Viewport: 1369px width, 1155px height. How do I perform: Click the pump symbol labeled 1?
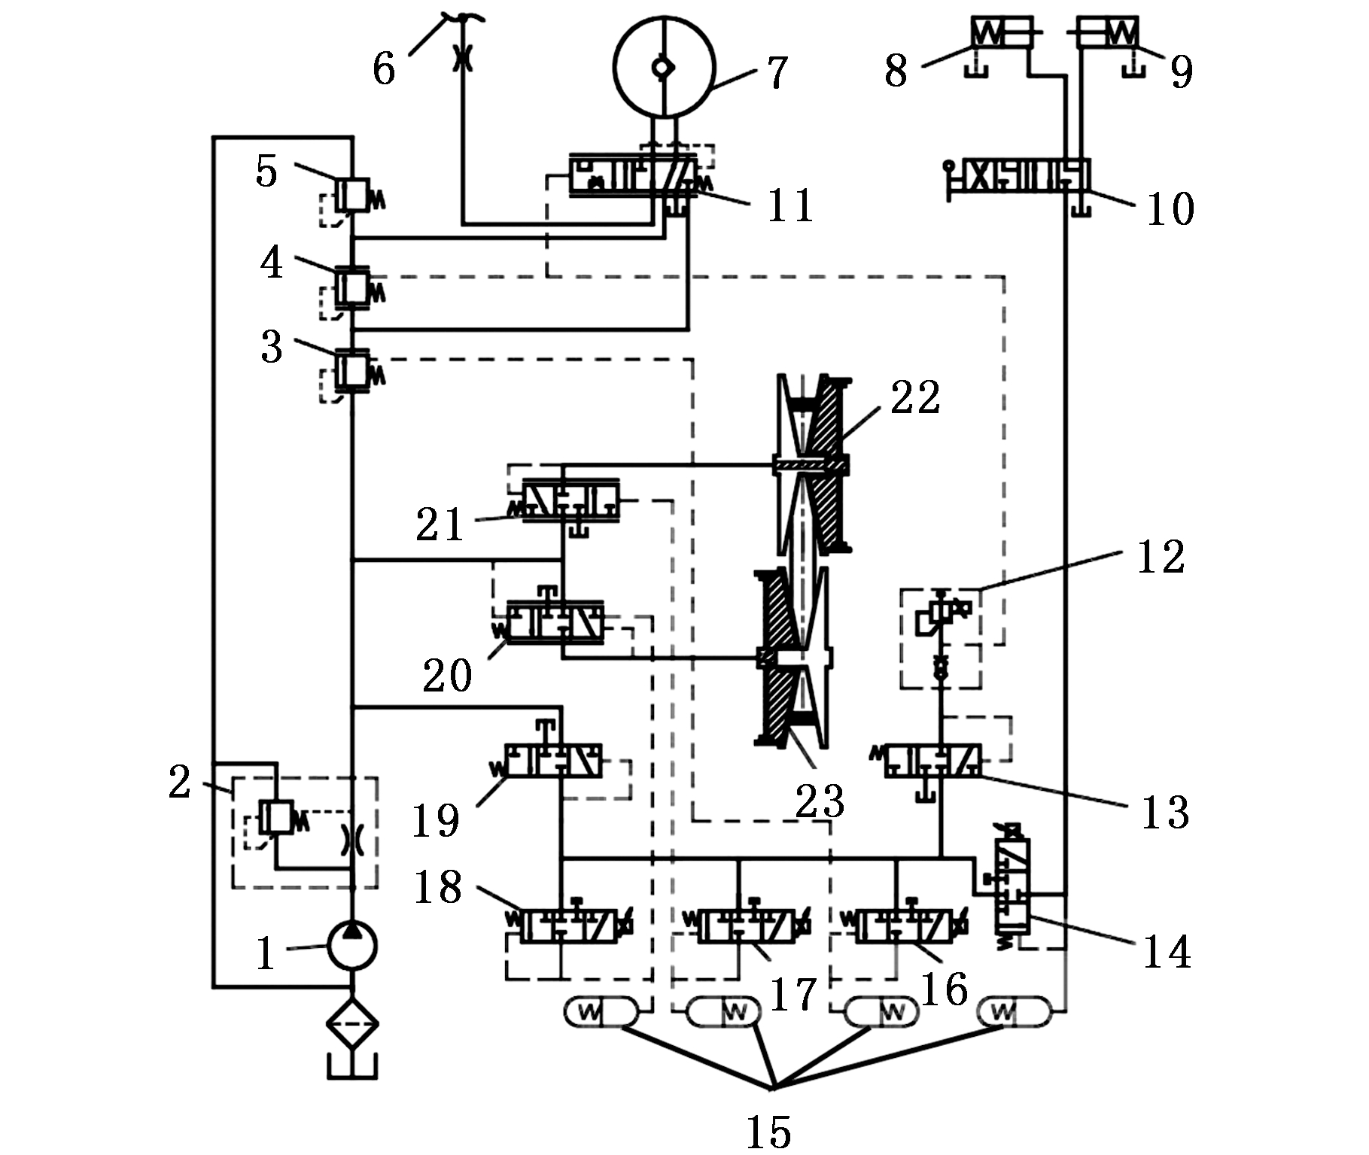(351, 945)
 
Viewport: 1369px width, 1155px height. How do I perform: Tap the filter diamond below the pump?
(351, 1023)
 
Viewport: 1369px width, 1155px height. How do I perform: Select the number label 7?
(776, 72)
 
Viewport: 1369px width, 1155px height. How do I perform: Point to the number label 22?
(915, 398)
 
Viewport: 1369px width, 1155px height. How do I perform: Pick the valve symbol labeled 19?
(554, 760)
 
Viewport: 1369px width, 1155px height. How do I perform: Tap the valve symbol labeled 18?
(570, 926)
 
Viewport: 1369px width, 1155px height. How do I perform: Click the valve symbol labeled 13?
(932, 760)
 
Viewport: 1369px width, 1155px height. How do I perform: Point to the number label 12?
(1161, 558)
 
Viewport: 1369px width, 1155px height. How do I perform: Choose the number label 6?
(384, 69)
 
